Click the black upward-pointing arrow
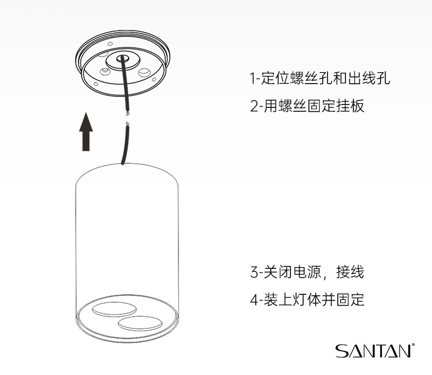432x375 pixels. coord(86,132)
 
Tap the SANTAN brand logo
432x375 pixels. coord(375,351)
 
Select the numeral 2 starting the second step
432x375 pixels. coord(254,106)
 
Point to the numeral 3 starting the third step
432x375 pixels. coord(254,272)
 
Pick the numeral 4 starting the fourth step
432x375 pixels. coord(254,300)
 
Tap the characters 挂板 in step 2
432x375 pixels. coord(351,106)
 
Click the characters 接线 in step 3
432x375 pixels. coord(350,272)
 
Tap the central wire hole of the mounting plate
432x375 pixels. coord(121,58)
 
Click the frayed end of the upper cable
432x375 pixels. coord(127,113)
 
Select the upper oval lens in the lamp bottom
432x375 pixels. coord(114,309)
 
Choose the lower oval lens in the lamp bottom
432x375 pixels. coord(140,323)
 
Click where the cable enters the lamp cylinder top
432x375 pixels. coord(122,164)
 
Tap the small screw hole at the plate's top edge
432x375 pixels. coord(110,44)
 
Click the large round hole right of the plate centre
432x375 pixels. coord(144,72)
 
